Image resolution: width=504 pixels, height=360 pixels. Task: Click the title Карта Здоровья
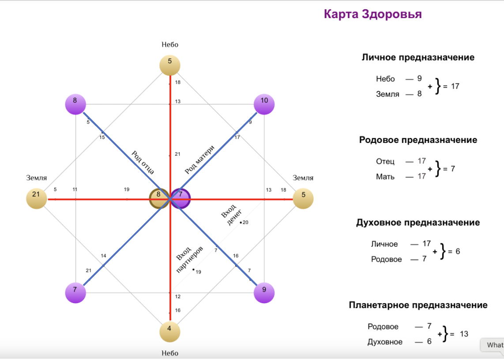(372, 14)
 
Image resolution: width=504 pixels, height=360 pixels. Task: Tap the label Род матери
(199, 159)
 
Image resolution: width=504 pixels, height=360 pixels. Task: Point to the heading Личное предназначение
(418, 57)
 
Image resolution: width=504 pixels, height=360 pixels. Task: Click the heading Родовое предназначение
(418, 140)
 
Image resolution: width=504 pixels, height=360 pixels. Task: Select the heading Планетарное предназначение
(418, 305)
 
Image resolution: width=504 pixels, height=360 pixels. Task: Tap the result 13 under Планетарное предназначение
(464, 334)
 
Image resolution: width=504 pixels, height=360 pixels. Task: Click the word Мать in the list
(385, 176)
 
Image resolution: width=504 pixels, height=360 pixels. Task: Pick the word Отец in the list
(385, 161)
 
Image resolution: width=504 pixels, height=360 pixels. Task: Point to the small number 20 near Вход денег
(245, 222)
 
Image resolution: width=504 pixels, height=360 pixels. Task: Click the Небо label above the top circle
(170, 45)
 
